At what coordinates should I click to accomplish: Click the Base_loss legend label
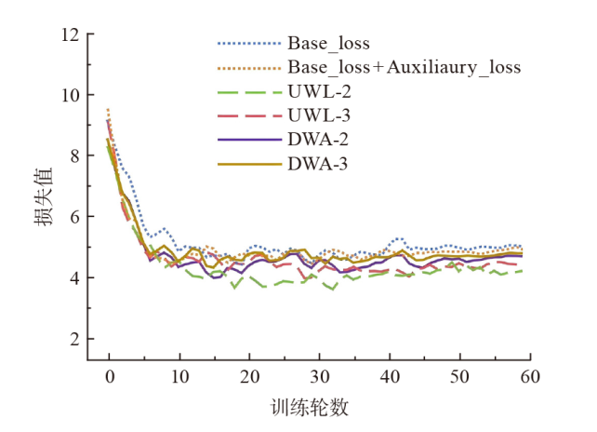tap(328, 44)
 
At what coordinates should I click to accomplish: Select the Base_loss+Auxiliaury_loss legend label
tap(404, 68)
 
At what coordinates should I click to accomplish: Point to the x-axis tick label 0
tap(109, 375)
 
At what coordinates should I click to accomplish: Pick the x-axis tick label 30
tap(321, 375)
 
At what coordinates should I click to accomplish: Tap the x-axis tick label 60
tap(531, 375)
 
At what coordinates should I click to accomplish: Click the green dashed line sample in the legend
tap(248, 92)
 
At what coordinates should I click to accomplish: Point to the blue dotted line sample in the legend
tap(248, 44)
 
